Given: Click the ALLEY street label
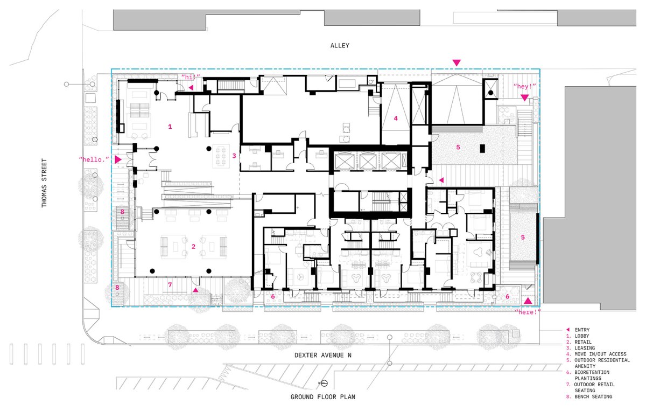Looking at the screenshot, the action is point(340,46).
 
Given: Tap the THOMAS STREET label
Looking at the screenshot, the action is point(44,183).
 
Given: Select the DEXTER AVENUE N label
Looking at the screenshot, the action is point(322,356).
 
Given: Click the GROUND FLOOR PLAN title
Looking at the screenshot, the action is point(322,397).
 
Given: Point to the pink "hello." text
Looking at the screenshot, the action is point(94,159).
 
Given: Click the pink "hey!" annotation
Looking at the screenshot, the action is point(524,86).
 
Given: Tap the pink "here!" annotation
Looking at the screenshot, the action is point(528,312).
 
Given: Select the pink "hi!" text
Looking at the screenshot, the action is point(191,77).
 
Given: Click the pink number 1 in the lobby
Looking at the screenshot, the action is point(170,127).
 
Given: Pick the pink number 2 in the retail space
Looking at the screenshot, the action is point(193,247).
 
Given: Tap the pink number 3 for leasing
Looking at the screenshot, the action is point(234,156).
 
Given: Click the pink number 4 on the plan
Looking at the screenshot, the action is point(396,119).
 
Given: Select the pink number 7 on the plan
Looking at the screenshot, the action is point(170,285).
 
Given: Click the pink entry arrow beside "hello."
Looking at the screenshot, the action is point(118,159).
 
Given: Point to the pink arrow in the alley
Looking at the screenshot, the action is point(457,62).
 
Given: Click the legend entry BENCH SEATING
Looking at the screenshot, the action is point(593,396).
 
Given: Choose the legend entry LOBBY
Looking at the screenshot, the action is point(582,336).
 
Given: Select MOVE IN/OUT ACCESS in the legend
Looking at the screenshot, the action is point(600,354).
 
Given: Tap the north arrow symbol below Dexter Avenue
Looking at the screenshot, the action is point(324,384).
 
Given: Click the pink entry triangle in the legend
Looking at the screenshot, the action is point(568,330).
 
